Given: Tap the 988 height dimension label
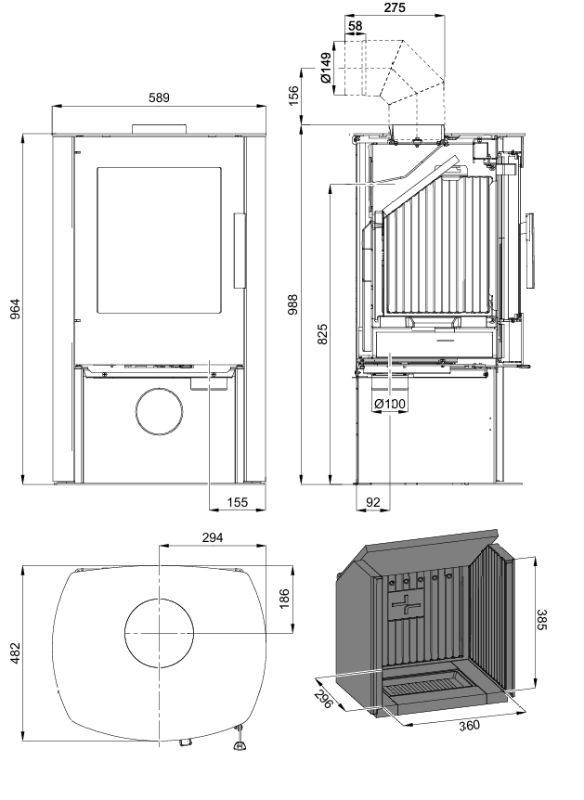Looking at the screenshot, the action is [293, 308].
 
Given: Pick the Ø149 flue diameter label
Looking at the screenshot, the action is [326, 69].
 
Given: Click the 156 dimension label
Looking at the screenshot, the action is [294, 97].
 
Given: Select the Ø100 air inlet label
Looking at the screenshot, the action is [391, 405].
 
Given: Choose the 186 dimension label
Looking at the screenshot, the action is [284, 598].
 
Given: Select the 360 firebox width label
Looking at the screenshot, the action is [469, 725].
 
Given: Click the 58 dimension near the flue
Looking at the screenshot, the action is [356, 26].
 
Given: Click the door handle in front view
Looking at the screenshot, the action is [240, 251].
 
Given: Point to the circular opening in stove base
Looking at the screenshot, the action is [160, 412].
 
